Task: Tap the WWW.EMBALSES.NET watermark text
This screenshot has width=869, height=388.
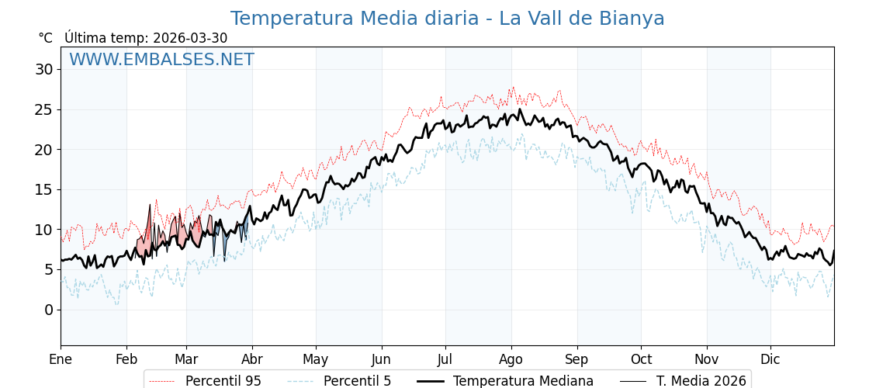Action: [161, 60]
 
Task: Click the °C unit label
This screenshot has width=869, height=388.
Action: [46, 38]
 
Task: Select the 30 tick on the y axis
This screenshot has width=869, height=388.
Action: [44, 69]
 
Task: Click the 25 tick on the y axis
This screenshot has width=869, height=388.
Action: [44, 109]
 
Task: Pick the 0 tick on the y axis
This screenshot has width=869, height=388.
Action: [49, 310]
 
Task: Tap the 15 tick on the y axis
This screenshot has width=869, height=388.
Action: [44, 189]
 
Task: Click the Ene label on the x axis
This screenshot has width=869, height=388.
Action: [61, 359]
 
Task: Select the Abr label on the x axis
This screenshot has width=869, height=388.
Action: [252, 359]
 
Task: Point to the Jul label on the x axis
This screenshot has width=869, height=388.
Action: [445, 359]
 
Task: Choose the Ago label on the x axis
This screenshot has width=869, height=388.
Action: [511, 359]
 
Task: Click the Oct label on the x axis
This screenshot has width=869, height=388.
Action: [641, 359]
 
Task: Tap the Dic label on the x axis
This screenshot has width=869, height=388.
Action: [770, 359]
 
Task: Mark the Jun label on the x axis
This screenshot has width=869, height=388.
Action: [381, 359]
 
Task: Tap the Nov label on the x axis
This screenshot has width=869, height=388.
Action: [707, 359]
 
